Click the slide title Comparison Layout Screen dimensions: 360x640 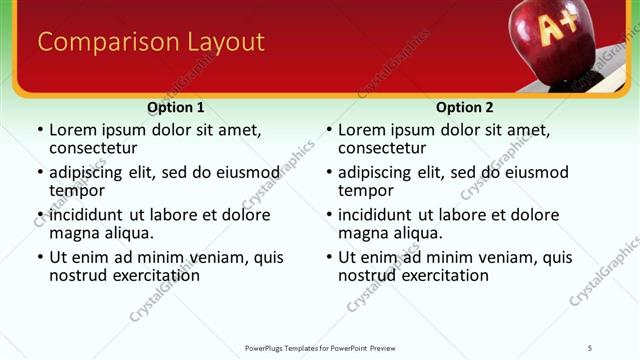pyautogui.click(x=150, y=42)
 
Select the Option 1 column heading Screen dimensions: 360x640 pyautogui.click(x=175, y=107)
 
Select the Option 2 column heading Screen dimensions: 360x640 pyautogui.click(x=464, y=107)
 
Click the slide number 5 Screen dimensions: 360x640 pyautogui.click(x=590, y=347)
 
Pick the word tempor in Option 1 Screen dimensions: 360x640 pyautogui.click(x=76, y=190)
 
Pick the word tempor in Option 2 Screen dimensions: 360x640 pyautogui.click(x=365, y=190)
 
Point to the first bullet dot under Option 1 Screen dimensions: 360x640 pyautogui.click(x=39, y=130)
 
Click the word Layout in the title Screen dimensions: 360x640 pyautogui.click(x=222, y=42)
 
